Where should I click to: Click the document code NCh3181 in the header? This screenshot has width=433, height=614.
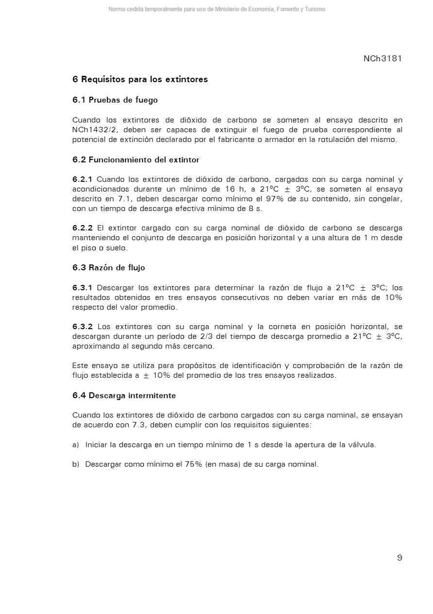pyautogui.click(x=383, y=59)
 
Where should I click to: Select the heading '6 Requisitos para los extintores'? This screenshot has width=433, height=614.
pyautogui.click(x=140, y=79)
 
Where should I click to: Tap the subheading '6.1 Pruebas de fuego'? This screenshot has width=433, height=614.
pyautogui.click(x=115, y=100)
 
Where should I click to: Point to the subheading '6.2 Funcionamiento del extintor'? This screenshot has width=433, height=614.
pyautogui.click(x=136, y=159)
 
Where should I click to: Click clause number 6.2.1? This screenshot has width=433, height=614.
pyautogui.click(x=82, y=179)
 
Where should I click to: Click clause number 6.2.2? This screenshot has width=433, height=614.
pyautogui.click(x=82, y=228)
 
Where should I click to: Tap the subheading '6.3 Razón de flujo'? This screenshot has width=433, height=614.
pyautogui.click(x=109, y=267)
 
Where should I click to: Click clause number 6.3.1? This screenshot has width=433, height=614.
pyautogui.click(x=82, y=287)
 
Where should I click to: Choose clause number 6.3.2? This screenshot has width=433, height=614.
pyautogui.click(x=82, y=327)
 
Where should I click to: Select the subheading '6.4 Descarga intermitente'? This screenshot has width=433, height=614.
pyautogui.click(x=124, y=396)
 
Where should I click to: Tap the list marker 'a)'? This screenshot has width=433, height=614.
pyautogui.click(x=76, y=445)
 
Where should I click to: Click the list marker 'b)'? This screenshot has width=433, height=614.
pyautogui.click(x=76, y=464)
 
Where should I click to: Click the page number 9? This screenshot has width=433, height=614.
pyautogui.click(x=400, y=558)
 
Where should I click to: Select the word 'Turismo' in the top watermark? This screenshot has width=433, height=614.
pyautogui.click(x=315, y=9)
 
